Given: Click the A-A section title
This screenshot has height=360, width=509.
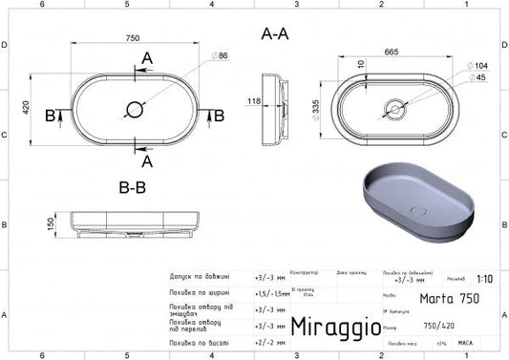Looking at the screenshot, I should (275, 34).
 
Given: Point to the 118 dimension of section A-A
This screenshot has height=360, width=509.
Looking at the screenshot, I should (255, 99).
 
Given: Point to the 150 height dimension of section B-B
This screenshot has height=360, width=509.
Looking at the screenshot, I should (48, 224).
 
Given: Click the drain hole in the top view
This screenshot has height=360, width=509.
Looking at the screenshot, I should (136, 111).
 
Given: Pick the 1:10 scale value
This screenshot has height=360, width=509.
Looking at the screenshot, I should (487, 280).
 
